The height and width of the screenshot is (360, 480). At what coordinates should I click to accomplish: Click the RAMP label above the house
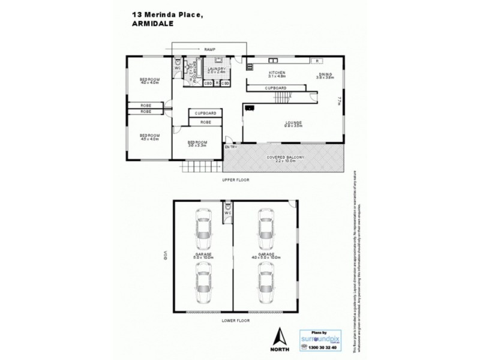click(x=209, y=49)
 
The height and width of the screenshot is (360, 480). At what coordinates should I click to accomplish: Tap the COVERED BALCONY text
click(x=286, y=158)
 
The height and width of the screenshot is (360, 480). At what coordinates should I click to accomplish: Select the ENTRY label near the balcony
click(x=231, y=147)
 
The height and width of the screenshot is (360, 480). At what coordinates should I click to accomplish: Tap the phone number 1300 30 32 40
click(x=318, y=347)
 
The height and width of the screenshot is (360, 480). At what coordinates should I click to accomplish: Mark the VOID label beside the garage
click(x=163, y=256)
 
